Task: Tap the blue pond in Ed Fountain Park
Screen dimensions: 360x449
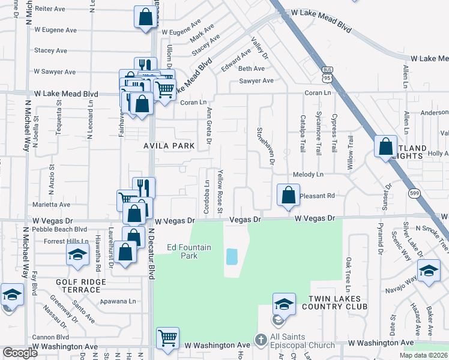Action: [231, 257]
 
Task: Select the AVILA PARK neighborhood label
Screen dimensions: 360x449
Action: [169, 146]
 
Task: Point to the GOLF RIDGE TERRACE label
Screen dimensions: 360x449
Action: [79, 286]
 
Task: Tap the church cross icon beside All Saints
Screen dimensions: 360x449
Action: [260, 340]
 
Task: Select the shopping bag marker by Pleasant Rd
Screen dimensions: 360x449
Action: [288, 195]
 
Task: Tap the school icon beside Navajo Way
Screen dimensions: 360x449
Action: [429, 271]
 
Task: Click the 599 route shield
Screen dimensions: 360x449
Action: [414, 193]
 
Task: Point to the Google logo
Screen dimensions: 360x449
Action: [20, 353]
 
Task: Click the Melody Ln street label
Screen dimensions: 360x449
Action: [308, 175]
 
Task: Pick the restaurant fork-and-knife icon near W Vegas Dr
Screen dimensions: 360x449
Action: [143, 187]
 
